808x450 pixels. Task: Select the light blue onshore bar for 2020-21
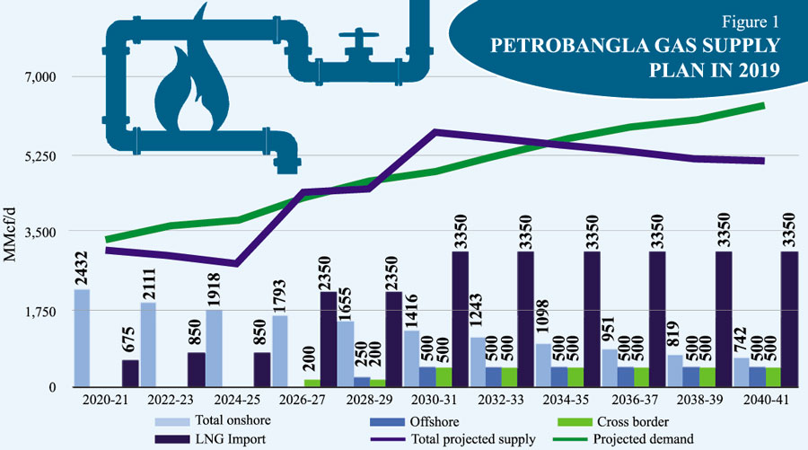click(82, 338)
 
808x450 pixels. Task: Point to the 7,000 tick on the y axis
click(40, 77)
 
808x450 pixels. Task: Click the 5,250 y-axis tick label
click(40, 155)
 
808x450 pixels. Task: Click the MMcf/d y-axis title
click(12, 233)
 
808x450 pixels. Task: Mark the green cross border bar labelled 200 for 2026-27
click(312, 383)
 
